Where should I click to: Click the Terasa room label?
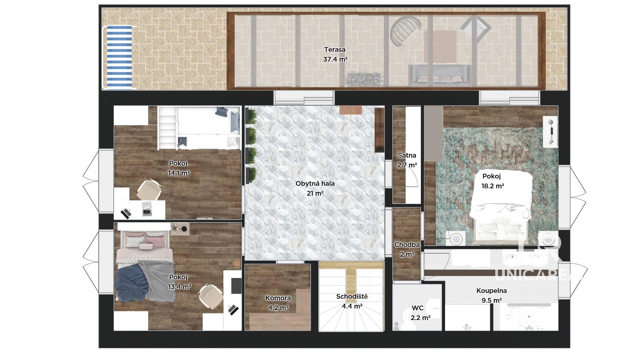pos(335,50)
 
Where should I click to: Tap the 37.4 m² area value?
pos(335,59)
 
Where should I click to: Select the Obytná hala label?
pos(315,183)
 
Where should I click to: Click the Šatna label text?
pos(407,155)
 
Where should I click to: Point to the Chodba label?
pos(407,245)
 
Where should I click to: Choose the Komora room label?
pos(278,298)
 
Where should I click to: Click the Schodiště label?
pos(352,296)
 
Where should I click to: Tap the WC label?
pos(418,308)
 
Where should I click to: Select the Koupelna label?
pos(492,291)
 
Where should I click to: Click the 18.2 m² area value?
pos(493,186)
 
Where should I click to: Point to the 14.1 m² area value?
pos(179,173)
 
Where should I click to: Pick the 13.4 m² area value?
pos(179,287)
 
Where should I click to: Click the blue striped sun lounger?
pos(119,58)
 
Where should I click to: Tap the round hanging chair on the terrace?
pos(405,32)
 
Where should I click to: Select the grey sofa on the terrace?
pos(440,75)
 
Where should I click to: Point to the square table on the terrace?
pos(440,46)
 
